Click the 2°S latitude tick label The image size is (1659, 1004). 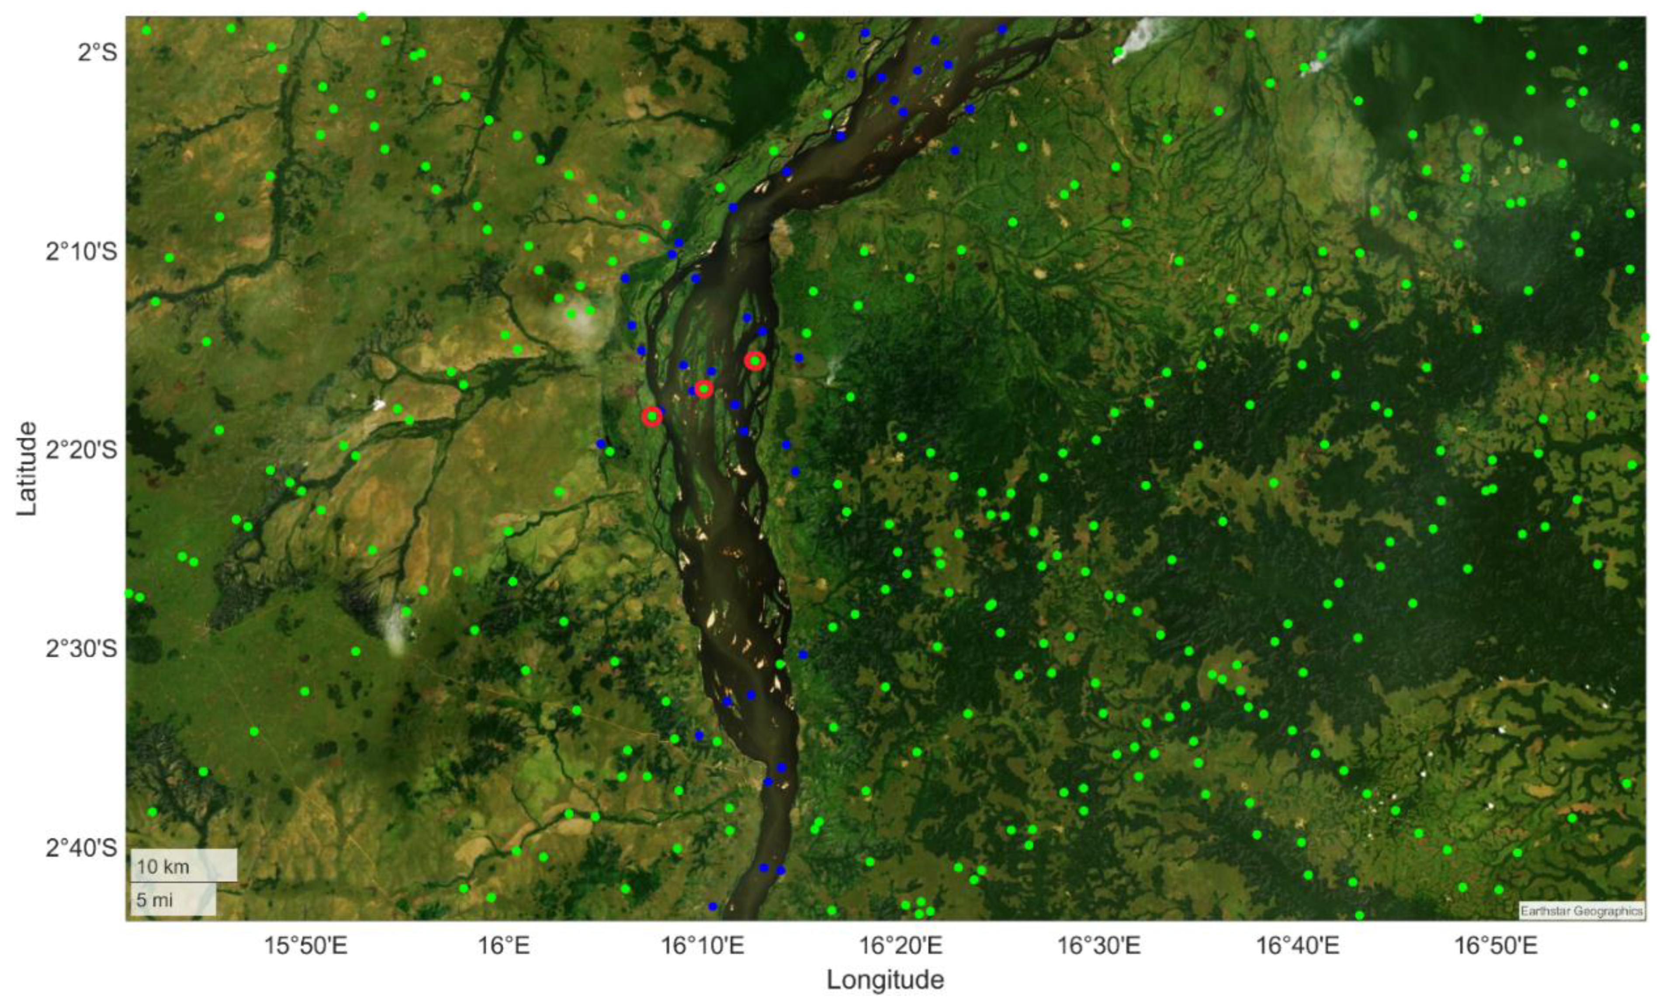coord(97,52)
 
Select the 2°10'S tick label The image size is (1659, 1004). coord(81,252)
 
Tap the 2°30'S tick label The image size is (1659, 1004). coord(81,649)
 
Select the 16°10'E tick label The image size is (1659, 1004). coord(702,946)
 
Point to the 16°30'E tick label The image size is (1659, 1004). coord(1099,946)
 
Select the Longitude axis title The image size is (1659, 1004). coord(885,980)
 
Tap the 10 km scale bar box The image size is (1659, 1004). coord(183,865)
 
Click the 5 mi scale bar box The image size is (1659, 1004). coord(173,899)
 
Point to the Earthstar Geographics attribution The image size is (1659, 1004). coord(1581,911)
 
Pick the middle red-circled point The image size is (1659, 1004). coord(703,389)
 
